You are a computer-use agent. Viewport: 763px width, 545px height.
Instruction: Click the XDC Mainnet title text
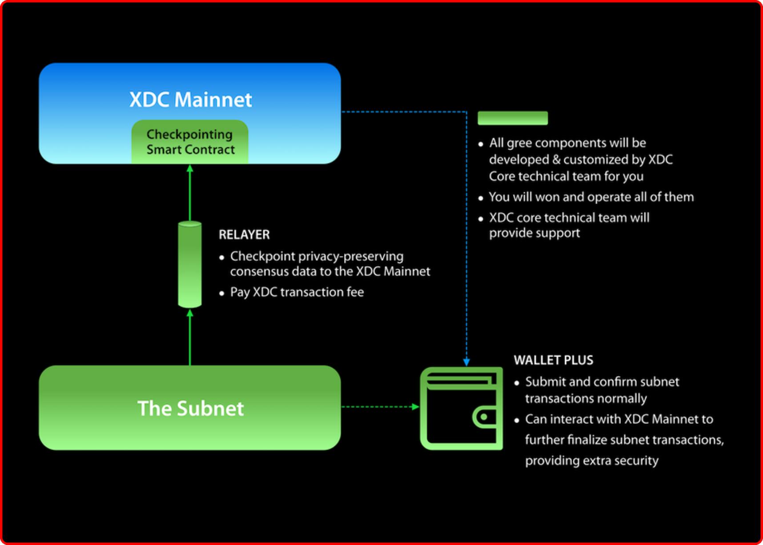(191, 100)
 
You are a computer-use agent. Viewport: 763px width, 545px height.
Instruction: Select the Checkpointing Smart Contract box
(190, 142)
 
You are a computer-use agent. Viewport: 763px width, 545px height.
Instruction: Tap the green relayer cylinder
(190, 264)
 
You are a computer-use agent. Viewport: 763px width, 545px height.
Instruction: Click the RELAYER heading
(244, 235)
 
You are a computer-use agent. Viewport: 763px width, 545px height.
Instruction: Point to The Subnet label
(191, 409)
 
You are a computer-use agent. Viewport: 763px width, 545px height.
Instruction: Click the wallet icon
(461, 408)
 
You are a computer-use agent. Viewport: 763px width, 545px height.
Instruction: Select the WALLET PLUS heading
(554, 360)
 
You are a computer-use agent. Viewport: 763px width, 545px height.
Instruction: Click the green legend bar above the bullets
(513, 118)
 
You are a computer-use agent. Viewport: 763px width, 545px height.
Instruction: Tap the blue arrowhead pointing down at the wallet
(466, 362)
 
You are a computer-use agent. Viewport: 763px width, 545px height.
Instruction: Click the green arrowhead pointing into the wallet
(416, 407)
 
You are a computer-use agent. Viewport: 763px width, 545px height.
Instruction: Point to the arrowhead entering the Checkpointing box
(190, 168)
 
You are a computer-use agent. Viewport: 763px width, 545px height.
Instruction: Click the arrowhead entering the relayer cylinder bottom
(190, 313)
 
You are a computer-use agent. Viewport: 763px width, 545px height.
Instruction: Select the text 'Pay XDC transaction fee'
(297, 292)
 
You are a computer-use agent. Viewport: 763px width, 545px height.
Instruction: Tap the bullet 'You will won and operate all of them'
(591, 197)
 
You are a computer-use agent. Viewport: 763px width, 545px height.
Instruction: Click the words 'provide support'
(534, 233)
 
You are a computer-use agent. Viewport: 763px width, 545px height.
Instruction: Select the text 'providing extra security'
(591, 461)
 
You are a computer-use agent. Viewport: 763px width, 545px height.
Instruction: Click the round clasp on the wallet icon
(484, 417)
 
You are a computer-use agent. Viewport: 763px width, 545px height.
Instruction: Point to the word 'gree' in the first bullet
(519, 143)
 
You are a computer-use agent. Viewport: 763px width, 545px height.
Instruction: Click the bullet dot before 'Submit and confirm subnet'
(517, 383)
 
